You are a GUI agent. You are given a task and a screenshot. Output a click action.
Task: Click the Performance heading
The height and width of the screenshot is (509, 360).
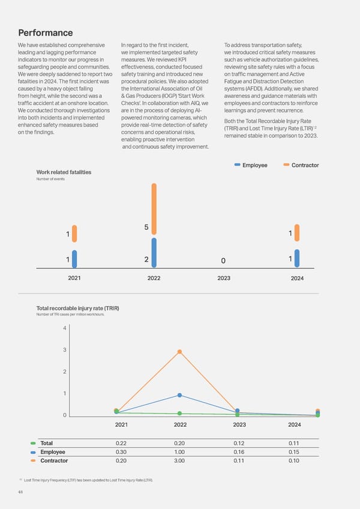[47, 32]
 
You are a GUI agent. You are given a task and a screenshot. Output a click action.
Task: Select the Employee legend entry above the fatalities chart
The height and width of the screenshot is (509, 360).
[251, 165]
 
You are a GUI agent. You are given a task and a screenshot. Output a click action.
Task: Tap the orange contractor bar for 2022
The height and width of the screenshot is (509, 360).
[154, 208]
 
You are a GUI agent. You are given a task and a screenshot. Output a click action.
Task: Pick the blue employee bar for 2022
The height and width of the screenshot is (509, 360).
[154, 252]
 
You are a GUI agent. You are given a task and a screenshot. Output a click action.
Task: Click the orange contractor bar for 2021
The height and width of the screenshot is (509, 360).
[74, 233]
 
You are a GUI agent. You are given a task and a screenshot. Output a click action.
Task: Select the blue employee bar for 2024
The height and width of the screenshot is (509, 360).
[297, 258]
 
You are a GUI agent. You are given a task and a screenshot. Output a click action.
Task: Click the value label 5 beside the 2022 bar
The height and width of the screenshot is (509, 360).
[146, 227]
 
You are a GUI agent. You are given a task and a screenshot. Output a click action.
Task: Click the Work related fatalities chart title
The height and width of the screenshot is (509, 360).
[64, 172]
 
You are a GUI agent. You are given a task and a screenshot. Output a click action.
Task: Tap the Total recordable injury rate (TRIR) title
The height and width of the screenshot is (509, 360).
[77, 309]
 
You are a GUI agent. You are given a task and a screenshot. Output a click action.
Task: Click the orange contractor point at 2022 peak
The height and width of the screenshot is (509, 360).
[179, 352]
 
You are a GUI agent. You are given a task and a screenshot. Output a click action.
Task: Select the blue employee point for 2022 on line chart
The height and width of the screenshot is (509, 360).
[179, 395]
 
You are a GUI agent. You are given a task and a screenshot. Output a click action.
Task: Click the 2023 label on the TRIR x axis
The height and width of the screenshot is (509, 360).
[239, 425]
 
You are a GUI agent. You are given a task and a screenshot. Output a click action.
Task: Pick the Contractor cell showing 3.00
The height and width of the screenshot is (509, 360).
[179, 461]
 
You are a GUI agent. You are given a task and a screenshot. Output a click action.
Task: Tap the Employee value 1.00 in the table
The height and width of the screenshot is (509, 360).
[179, 452]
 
